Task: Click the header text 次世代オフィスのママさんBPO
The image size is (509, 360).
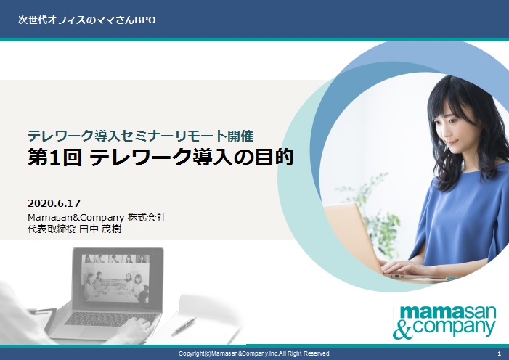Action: coord(86,19)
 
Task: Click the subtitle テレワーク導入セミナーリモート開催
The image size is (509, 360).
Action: coord(139,134)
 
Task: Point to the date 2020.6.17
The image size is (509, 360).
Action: coord(54,201)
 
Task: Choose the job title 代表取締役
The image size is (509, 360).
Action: coord(51,229)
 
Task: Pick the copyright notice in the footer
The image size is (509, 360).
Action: coord(254,353)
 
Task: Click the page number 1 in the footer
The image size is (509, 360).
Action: coord(499,353)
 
